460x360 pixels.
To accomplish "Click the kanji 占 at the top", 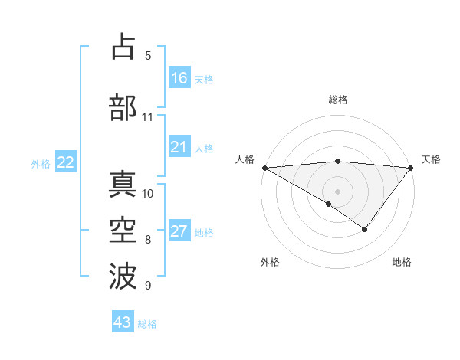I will click(x=123, y=47).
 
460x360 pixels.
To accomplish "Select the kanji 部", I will click(x=123, y=108).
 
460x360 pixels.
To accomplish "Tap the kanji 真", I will click(x=123, y=183).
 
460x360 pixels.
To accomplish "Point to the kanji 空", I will click(x=123, y=229).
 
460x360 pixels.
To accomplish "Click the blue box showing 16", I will click(x=179, y=78).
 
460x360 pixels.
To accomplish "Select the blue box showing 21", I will click(x=179, y=148).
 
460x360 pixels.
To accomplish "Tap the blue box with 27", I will click(x=179, y=232).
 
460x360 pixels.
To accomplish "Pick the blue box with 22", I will click(x=65, y=162).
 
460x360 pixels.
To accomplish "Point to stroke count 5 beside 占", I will click(x=148, y=56).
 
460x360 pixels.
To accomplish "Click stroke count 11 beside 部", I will click(x=148, y=117).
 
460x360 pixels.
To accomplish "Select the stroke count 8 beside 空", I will click(x=148, y=240).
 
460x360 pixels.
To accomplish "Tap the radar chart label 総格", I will click(x=338, y=100).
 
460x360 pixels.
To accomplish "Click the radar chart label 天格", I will click(x=431, y=159).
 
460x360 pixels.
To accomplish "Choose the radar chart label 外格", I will click(x=270, y=262).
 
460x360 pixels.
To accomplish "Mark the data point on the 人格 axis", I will click(x=264, y=167).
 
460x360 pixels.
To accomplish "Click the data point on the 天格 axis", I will click(x=411, y=167).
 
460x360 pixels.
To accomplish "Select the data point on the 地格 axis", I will click(x=365, y=228).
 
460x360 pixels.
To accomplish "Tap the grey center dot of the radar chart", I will click(x=337, y=191).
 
